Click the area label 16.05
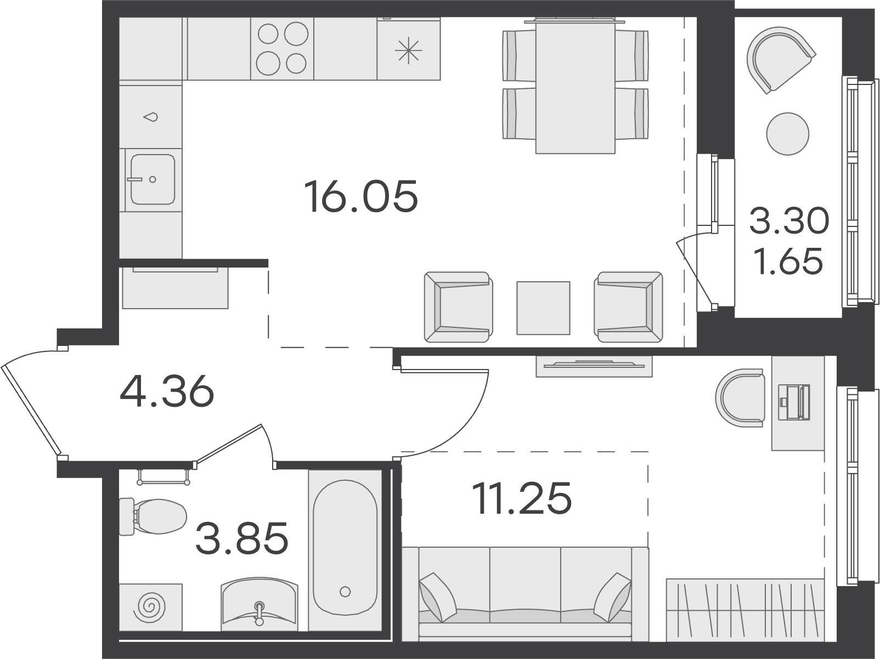pyautogui.click(x=361, y=196)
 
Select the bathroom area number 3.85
pyautogui.click(x=242, y=538)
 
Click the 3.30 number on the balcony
pyautogui.click(x=789, y=221)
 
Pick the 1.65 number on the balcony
pyautogui.click(x=788, y=261)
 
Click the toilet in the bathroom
pyautogui.click(x=153, y=516)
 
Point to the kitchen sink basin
pyautogui.click(x=153, y=179)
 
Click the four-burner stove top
pyautogui.click(x=282, y=48)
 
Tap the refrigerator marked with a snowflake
pyautogui.click(x=409, y=48)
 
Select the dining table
pyautogui.click(x=575, y=86)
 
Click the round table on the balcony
pyautogui.click(x=787, y=134)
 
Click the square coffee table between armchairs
pyautogui.click(x=543, y=308)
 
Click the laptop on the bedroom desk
pyautogui.click(x=794, y=402)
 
